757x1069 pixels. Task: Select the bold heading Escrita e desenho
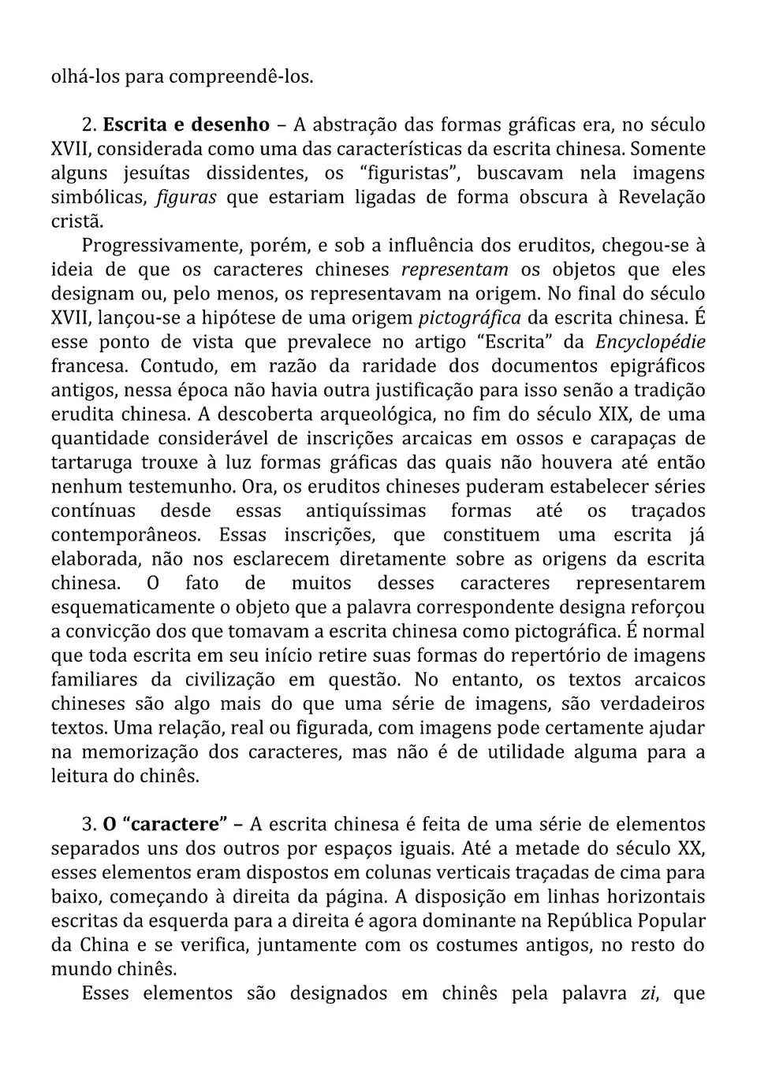click(186, 124)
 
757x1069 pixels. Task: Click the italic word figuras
click(186, 198)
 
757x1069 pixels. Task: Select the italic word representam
click(454, 270)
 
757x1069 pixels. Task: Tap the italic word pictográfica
click(469, 318)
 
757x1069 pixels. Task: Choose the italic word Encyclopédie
click(650, 343)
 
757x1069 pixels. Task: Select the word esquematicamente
click(139, 608)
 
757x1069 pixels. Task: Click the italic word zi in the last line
click(648, 993)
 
